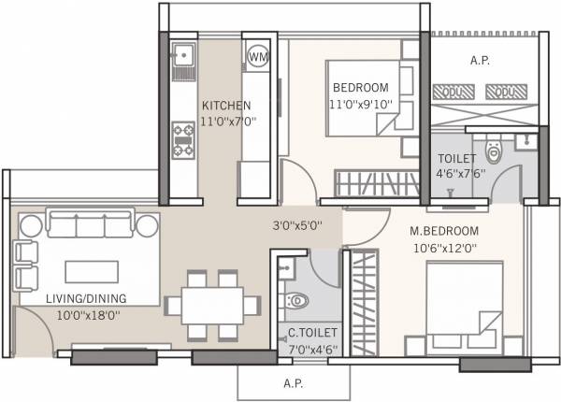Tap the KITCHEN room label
click(225, 105)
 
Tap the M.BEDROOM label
click(444, 231)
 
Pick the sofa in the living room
click(92, 225)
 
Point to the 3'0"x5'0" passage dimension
click(298, 224)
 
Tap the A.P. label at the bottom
click(293, 383)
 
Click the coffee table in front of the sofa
click(92, 270)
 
